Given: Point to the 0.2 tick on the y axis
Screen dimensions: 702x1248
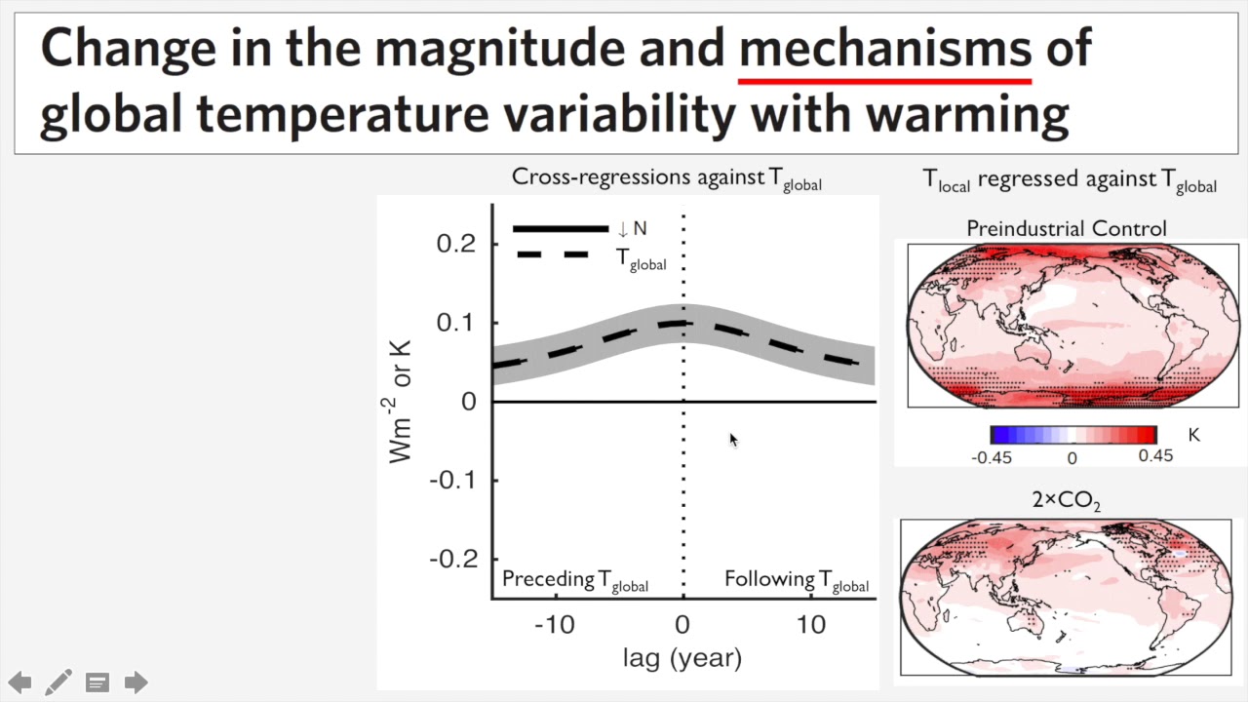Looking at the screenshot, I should coord(455,244).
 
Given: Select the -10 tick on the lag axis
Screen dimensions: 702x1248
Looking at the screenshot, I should coord(554,624).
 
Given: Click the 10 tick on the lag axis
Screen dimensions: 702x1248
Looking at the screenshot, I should coord(811,624).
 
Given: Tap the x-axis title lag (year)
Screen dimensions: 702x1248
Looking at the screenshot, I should coord(682,658).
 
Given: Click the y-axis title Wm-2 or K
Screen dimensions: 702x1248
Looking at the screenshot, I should coord(401,402).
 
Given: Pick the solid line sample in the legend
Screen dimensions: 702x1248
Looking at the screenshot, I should coord(561,229).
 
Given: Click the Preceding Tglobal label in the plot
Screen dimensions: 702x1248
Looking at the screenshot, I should coord(574,580).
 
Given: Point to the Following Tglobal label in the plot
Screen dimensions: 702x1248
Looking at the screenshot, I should coord(796,580).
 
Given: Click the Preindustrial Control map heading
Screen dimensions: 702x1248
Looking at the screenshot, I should coord(1066,228).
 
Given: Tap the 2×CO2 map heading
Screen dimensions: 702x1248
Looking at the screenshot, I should coord(1066,501).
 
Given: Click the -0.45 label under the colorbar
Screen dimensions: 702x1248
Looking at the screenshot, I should coord(992,457).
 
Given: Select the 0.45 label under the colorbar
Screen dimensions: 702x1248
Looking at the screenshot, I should coord(1155,456).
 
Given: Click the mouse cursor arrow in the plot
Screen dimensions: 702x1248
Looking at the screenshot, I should coord(733,440).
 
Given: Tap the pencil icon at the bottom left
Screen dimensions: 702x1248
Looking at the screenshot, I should coord(58,682).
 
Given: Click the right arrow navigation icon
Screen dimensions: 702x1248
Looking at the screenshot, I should coord(136,682).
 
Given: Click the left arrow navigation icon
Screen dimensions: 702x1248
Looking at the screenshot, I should coord(19,682).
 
